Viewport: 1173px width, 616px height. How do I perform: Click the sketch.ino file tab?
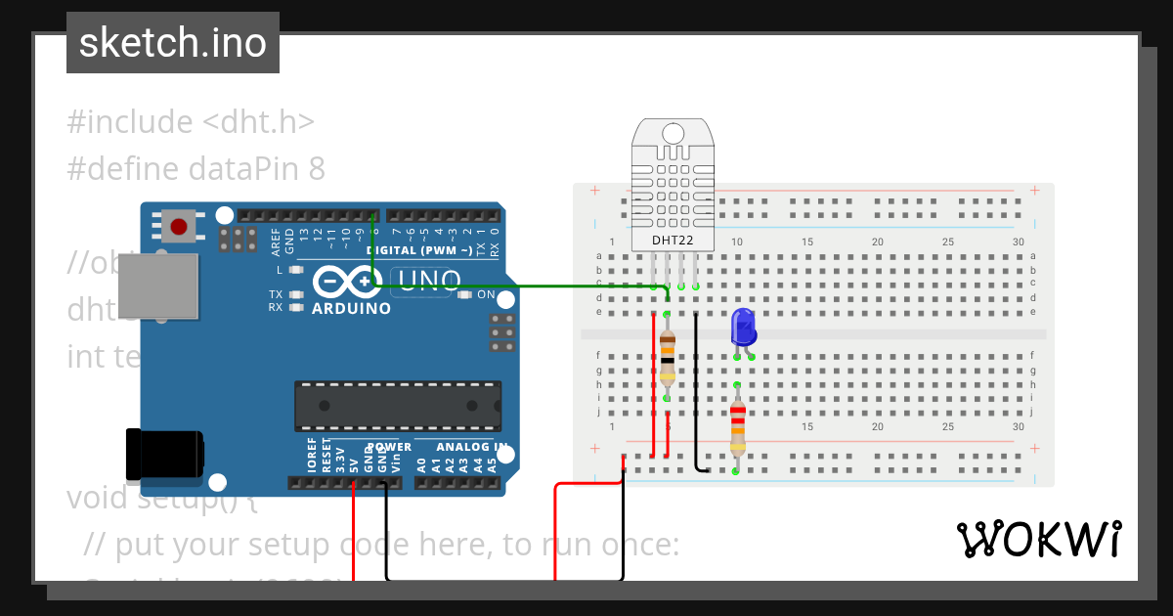tap(173, 43)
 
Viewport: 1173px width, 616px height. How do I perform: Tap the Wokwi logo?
tap(1038, 540)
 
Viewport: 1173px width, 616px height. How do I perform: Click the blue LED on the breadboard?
tap(743, 327)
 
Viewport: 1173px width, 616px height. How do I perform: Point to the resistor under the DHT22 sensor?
tap(667, 356)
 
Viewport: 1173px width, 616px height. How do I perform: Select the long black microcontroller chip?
tap(398, 406)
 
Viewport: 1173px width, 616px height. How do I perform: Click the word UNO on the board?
tap(427, 282)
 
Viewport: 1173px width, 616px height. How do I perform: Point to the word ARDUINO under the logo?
tap(351, 308)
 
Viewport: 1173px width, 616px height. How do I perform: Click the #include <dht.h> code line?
tap(191, 122)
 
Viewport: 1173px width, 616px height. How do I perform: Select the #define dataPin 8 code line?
tap(195, 169)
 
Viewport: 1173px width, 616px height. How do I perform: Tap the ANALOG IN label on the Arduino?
tap(472, 447)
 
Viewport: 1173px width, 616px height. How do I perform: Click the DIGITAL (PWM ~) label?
tap(420, 250)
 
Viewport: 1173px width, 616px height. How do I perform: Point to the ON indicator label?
tap(486, 294)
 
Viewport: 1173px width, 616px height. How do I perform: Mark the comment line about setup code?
tap(381, 545)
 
